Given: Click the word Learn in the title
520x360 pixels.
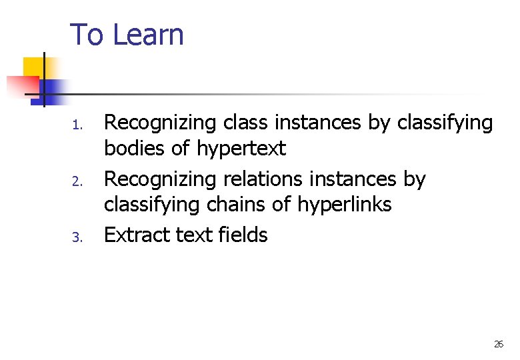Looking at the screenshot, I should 149,35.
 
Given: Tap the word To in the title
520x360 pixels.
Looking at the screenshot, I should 87,35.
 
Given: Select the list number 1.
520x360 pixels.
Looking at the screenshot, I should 77,125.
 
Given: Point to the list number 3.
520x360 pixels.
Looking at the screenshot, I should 77,237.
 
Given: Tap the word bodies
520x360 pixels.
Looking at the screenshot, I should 135,148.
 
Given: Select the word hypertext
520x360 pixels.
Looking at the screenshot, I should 241,148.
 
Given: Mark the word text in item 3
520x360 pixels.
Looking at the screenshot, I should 195,235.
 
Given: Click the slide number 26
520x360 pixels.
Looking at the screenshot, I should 499,344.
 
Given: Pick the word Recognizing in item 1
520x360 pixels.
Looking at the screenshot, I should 151,123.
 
